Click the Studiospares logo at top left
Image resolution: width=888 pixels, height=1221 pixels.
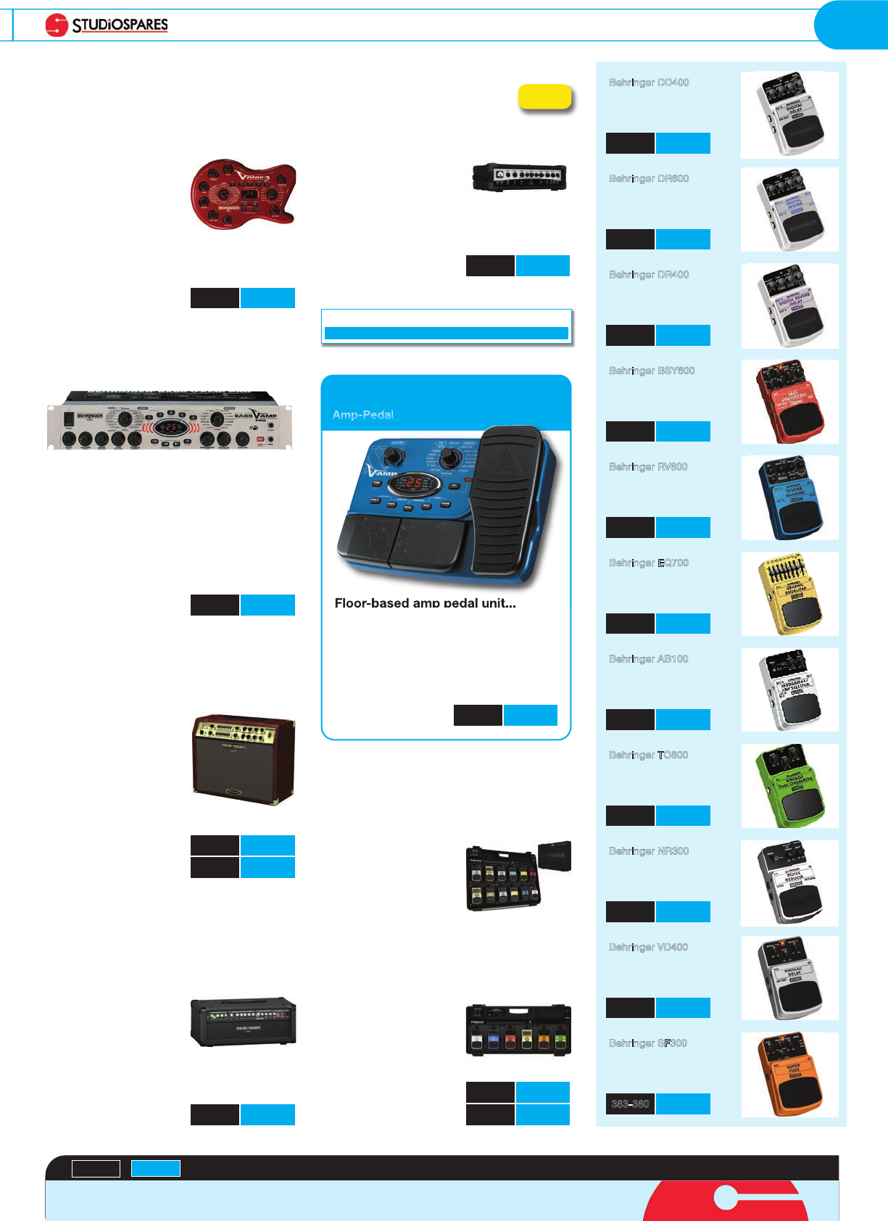(107, 25)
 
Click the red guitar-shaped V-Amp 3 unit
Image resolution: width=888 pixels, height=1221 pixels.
(243, 194)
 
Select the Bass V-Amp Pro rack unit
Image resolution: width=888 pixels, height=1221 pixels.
(170, 421)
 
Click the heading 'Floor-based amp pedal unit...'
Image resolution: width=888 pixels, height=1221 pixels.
(425, 603)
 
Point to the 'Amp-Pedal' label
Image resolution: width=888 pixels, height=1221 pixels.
(362, 415)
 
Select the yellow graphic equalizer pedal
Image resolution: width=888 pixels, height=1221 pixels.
(790, 595)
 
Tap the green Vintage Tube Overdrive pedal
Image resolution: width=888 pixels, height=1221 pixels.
(790, 787)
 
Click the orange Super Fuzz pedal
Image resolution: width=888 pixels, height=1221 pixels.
(790, 1075)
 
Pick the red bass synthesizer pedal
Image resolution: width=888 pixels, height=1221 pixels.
(790, 402)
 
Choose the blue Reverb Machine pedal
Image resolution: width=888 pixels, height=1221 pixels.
(790, 499)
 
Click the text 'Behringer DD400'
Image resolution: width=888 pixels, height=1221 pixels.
(649, 83)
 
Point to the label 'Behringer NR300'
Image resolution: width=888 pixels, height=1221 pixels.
(649, 851)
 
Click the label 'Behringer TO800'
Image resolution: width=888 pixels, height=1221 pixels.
(649, 755)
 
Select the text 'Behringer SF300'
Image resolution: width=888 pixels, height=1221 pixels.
(648, 1043)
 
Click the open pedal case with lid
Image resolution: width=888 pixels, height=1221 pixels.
(518, 876)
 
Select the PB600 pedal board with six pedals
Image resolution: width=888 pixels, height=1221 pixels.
(518, 1030)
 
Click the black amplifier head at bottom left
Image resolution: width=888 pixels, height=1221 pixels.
(243, 1021)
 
